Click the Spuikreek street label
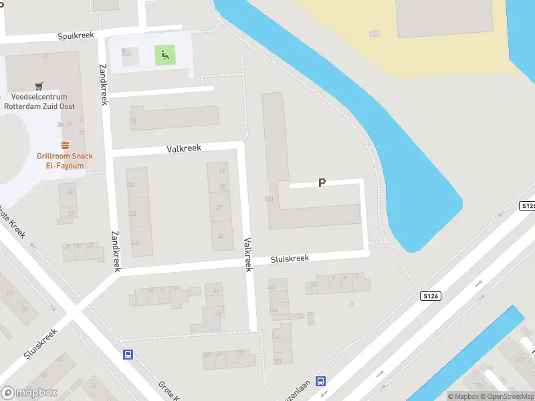76,35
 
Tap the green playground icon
165,55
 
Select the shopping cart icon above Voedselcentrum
39,86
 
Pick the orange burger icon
65,145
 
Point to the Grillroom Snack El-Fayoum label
65,160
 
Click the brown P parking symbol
322,182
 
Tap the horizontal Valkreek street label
184,149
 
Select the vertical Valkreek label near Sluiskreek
247,255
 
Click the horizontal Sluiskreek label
290,259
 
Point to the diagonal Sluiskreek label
40,344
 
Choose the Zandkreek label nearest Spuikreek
103,84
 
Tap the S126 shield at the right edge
528,207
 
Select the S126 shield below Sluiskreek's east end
431,295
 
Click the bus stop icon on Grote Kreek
127,355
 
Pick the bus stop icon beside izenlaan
322,382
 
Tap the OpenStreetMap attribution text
509,396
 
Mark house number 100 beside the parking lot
269,199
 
